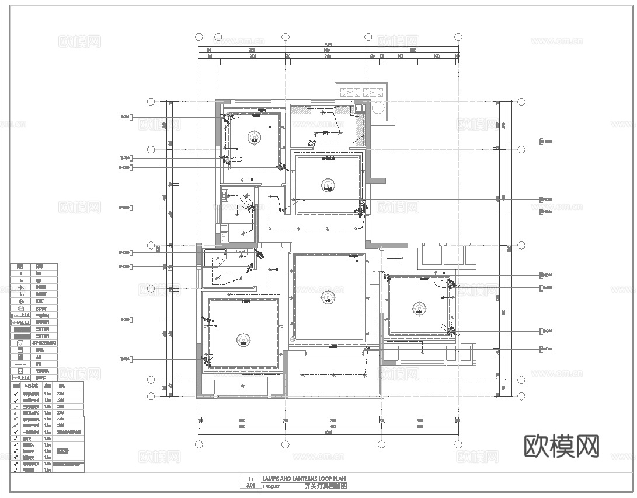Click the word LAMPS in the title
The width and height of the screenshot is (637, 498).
point(270,478)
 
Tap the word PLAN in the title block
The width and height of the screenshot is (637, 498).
point(340,478)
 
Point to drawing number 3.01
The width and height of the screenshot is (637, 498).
point(251,485)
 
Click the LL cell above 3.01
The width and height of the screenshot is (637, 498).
point(251,478)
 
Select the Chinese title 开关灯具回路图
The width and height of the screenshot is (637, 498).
point(326,486)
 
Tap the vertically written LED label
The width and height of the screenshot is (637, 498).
point(225,195)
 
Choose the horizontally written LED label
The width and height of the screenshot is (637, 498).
point(239,251)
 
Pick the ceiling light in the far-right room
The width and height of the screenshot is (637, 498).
point(418,308)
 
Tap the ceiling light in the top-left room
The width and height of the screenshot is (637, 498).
point(254,137)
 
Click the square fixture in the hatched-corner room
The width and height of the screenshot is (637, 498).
point(314,142)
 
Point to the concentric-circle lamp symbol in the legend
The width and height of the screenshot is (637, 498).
point(21,309)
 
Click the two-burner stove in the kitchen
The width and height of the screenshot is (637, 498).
point(223,237)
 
